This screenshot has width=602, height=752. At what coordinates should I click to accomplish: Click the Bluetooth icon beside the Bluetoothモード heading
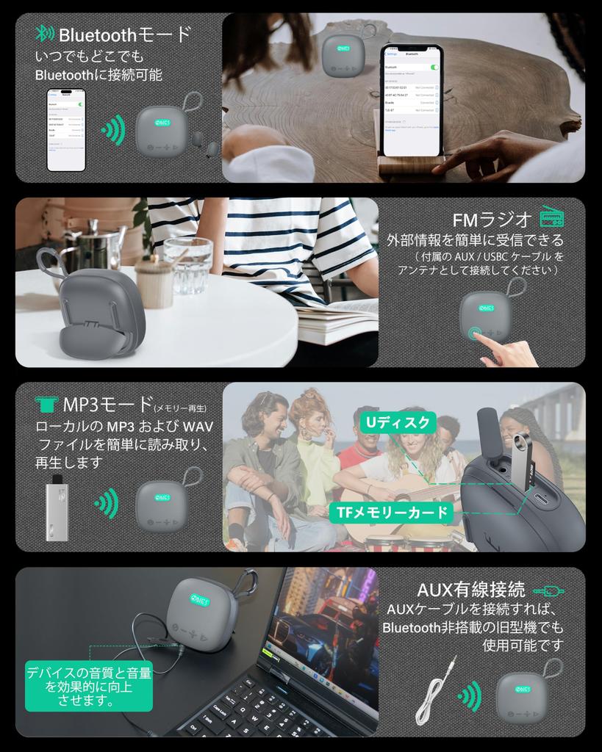[45, 34]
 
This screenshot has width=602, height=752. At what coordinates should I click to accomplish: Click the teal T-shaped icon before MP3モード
[46, 404]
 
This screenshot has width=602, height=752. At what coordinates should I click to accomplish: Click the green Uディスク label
[398, 422]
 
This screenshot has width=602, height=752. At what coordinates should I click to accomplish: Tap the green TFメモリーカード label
[392, 512]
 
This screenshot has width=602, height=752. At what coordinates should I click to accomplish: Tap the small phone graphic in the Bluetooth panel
[66, 130]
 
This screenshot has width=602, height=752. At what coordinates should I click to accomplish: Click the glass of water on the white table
[187, 265]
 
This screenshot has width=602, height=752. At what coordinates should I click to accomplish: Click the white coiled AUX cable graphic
[434, 691]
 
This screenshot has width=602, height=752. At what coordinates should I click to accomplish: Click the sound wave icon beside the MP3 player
[107, 504]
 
